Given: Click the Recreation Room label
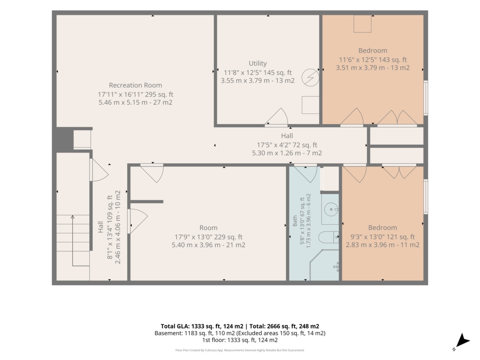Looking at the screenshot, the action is pos(135,85).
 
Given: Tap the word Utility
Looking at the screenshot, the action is pos(258,63).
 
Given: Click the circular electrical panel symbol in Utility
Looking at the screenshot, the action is pos(310,77).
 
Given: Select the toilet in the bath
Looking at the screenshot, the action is pos(328,237).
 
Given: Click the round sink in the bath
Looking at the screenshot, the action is pos(331,209).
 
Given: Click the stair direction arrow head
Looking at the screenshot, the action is pos(73,217).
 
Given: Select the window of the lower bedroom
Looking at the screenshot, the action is pos(426,196).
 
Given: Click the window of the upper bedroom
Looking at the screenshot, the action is pos(426,98).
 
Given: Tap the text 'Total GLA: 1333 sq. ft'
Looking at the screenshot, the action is pos(202,326).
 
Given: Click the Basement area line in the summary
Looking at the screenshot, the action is pos(240,333).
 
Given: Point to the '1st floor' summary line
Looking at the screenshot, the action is pos(240,340).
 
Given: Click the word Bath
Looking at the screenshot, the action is pos(295,221).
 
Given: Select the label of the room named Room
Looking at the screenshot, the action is pos(208,228).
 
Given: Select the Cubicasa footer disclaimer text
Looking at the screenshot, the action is pos(240,350).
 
